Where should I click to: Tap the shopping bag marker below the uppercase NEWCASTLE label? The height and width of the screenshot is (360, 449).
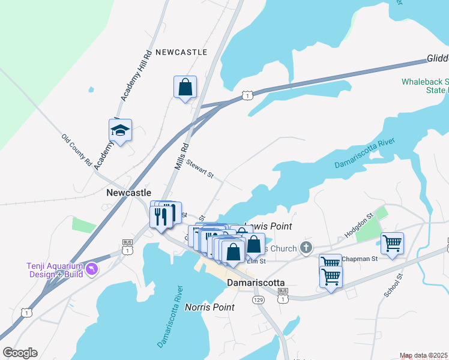(185, 87)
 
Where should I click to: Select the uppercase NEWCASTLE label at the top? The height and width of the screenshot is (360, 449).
(181, 52)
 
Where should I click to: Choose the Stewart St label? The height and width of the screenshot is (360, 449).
(199, 168)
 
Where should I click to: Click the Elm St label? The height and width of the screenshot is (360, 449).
(256, 262)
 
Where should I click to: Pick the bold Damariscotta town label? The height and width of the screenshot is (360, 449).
(255, 282)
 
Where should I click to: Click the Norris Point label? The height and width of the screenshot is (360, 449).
(209, 307)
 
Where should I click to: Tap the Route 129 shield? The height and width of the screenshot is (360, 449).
(258, 299)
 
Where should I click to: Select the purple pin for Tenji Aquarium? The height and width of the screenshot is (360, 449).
(91, 269)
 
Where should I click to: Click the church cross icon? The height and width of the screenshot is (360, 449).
(306, 247)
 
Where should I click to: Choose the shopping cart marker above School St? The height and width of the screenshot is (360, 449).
(392, 244)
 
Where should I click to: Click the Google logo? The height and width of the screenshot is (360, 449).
(20, 353)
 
